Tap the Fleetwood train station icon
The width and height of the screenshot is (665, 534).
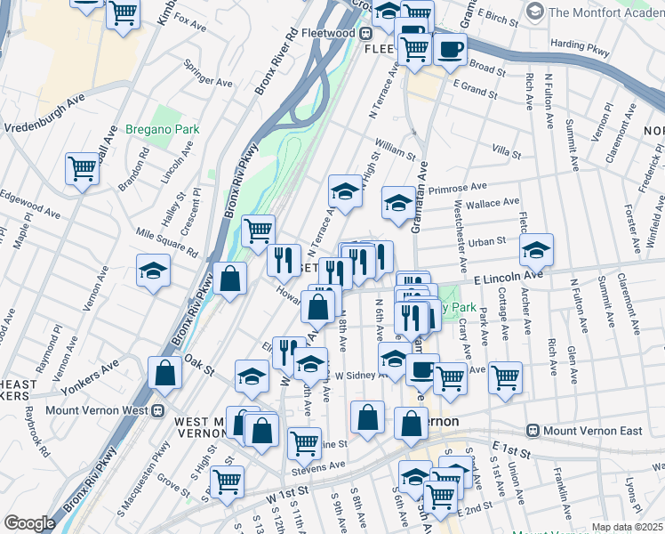[x=365, y=33]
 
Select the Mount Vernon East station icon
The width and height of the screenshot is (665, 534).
[x=533, y=431]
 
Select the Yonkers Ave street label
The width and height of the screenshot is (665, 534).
[x=90, y=378]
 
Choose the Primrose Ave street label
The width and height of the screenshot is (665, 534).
[x=457, y=189]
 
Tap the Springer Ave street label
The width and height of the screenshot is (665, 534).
[x=207, y=75]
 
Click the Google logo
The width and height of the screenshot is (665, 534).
[x=29, y=522]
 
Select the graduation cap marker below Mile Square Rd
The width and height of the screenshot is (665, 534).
[x=153, y=271]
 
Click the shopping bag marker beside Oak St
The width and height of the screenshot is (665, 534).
[x=166, y=373]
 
